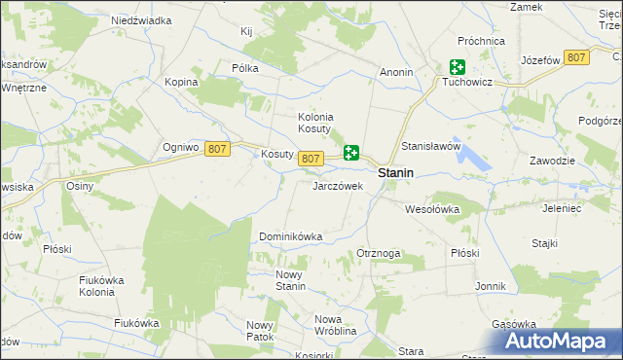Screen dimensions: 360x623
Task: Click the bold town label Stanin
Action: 395,172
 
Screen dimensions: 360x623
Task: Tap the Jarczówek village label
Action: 337,185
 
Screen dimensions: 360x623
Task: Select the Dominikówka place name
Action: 290,236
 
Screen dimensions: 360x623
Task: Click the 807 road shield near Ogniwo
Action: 217,148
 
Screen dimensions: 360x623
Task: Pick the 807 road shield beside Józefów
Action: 576,58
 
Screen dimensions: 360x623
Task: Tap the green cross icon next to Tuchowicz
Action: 458,67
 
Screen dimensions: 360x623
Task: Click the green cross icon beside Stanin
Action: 351,153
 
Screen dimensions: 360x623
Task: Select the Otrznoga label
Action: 380,253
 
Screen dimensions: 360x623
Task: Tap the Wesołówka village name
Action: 431,208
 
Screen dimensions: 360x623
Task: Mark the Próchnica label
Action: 483,42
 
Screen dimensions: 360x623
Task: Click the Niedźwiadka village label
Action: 141,19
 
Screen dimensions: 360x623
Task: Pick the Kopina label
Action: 181,82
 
